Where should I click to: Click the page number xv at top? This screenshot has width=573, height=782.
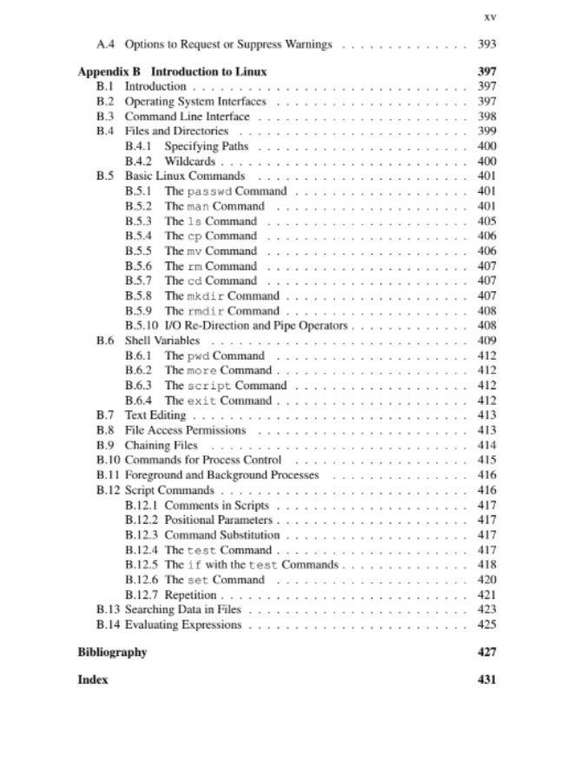pos(489,16)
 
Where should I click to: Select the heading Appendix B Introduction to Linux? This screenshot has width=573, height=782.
pos(172,71)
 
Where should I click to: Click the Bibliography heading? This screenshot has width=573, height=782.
pos(112,653)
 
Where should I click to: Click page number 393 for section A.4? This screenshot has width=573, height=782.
pos(486,43)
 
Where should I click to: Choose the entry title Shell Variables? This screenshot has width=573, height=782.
pos(162,341)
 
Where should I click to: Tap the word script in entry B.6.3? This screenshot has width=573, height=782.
pos(209,386)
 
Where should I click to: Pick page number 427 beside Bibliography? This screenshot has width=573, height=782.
pos(486,653)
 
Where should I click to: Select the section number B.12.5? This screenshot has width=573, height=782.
pos(142,565)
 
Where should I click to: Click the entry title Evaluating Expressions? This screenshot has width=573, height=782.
pos(185,625)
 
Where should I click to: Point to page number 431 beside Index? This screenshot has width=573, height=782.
pos(486,679)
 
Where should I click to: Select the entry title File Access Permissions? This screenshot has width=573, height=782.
pos(186,430)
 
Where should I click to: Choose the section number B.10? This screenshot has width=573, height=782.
pos(108,460)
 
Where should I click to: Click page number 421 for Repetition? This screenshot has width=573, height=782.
pos(486,595)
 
